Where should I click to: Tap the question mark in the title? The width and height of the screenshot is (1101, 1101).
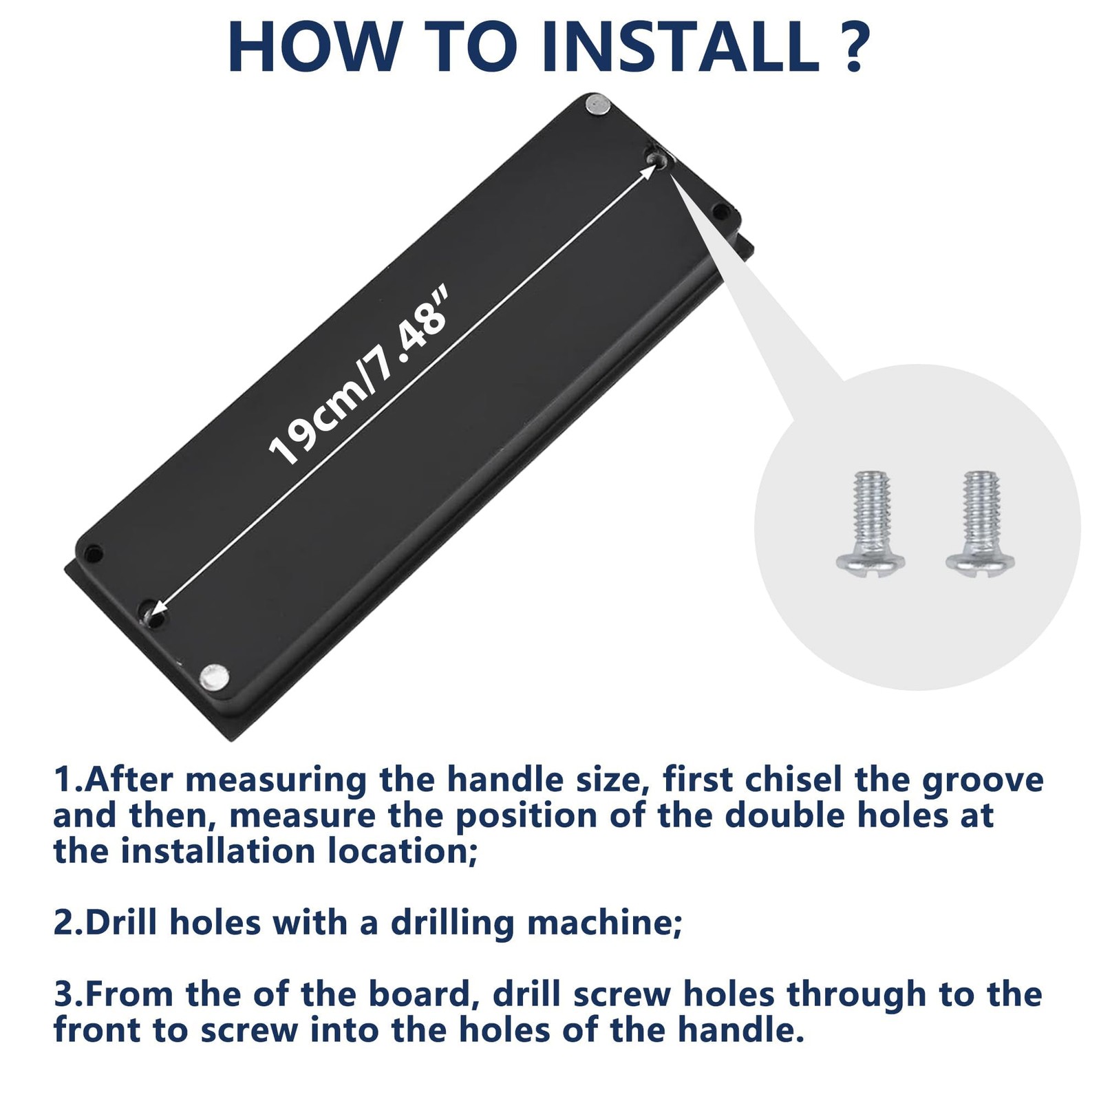coord(853,47)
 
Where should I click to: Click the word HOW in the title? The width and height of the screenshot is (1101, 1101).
coord(314,47)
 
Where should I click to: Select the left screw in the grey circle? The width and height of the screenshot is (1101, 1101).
coord(870,523)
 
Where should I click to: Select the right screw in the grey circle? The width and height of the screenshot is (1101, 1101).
coord(980,523)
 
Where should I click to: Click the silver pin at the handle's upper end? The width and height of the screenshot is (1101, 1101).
coord(597,105)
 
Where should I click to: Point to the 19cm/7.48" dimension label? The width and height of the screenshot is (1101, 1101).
coord(359,377)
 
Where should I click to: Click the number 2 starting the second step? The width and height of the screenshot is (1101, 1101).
coord(63,923)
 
